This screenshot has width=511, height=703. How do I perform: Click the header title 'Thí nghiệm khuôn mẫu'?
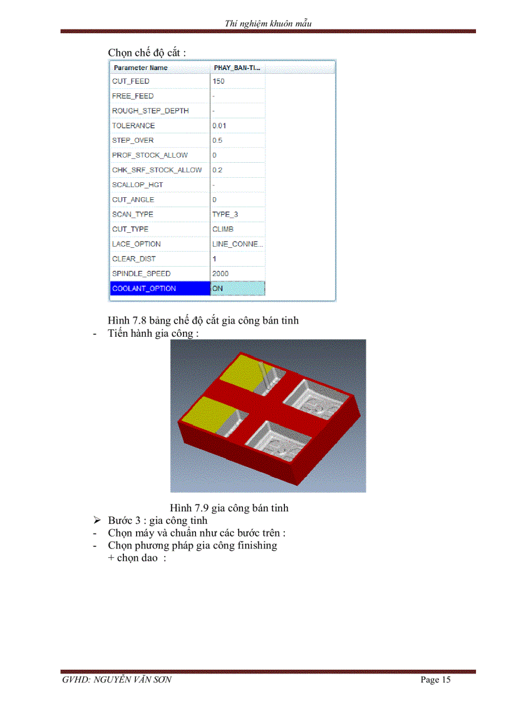coord(268,24)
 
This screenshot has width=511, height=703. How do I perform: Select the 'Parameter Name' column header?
coord(140,68)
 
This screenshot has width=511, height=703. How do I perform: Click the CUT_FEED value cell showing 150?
coord(219,81)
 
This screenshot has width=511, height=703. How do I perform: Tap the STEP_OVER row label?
coord(133,141)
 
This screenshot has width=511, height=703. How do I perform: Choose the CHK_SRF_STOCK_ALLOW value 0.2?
coord(217,170)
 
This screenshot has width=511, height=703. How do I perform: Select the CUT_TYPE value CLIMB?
coord(223,229)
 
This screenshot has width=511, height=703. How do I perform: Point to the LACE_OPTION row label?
coord(137,244)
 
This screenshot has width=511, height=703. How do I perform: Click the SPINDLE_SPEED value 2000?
coord(220,274)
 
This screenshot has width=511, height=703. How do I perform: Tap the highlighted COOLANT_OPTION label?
coord(144,289)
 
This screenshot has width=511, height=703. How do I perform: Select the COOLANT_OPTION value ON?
coord(217,289)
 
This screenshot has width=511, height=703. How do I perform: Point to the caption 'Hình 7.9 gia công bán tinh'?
coord(229,508)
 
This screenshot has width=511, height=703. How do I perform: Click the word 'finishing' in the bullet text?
coord(256,545)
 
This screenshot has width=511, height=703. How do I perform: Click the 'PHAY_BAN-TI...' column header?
coord(237,68)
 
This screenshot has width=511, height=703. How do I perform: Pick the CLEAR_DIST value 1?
coord(214,259)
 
